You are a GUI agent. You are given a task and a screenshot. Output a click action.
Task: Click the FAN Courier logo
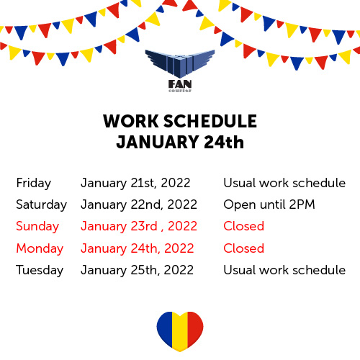click(180, 71)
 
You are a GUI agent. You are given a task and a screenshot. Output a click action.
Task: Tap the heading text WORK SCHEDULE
click(180, 121)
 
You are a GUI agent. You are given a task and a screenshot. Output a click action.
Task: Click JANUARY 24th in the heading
click(180, 142)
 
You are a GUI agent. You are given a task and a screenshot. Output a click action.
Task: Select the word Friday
click(34, 184)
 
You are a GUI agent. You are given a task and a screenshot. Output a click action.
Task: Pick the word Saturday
click(41, 205)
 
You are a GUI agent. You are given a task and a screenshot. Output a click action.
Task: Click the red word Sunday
click(37, 227)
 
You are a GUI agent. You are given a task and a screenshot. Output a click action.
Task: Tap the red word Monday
click(40, 248)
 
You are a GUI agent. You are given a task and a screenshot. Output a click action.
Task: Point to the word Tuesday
click(40, 270)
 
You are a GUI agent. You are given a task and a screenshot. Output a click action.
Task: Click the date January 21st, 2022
click(135, 184)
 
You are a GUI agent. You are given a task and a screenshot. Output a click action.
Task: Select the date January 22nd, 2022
click(139, 205)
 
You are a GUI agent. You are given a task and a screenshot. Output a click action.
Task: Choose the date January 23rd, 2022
click(139, 227)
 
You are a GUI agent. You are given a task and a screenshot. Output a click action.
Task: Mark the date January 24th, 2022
click(138, 248)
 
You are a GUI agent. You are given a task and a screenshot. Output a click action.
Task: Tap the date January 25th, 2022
click(138, 270)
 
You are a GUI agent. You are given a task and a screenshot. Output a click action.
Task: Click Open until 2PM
click(269, 204)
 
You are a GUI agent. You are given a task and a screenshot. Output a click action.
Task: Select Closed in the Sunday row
click(243, 226)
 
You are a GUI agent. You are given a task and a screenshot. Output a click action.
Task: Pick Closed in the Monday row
click(243, 248)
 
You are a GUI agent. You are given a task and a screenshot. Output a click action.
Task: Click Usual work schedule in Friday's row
click(284, 183)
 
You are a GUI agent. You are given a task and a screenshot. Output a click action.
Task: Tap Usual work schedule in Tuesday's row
click(284, 270)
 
